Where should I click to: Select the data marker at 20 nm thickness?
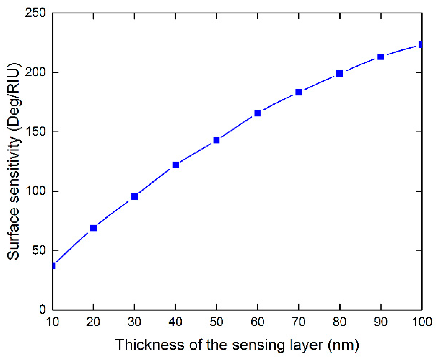[93, 228]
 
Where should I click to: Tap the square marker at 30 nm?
[134, 196]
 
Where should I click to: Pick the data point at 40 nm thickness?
[176, 165]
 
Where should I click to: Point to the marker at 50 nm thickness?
[216, 140]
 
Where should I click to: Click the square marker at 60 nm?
[257, 113]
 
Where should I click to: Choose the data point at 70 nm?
[299, 92]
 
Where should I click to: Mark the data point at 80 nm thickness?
[340, 73]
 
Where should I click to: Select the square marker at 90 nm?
[381, 57]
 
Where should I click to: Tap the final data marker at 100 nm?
[421, 45]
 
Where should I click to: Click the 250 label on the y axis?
[35, 13]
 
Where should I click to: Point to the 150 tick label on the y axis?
[35, 131]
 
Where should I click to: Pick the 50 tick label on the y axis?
[39, 250]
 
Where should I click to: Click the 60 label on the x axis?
[257, 322]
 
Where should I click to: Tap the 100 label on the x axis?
[422, 322]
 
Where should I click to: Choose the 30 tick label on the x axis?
[134, 322]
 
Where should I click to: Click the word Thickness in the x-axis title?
[150, 345]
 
